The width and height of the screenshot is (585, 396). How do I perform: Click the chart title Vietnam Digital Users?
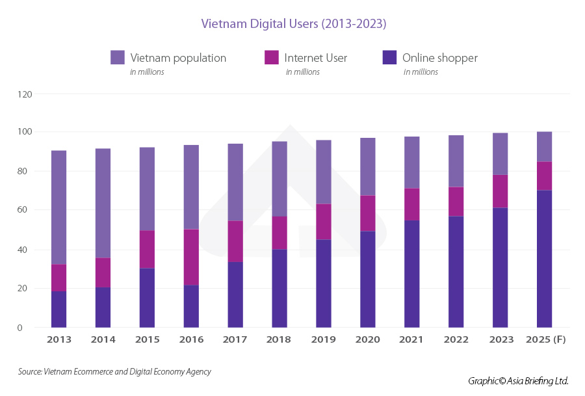294,24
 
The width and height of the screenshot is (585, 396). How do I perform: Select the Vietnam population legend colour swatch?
118,57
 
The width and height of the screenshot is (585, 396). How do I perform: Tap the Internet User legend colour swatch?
272,57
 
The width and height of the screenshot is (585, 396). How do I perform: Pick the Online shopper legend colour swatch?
389,57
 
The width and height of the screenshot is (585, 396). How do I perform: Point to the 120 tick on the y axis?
24,94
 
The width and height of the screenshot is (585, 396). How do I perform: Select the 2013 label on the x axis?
59,339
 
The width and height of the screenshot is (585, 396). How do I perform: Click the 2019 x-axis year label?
324,339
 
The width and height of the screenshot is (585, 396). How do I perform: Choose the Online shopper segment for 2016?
191,306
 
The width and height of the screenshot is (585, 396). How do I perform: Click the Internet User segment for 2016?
191,257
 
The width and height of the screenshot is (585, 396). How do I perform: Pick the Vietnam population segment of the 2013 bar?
59,207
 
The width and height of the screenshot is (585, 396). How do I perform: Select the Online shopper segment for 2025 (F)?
544,258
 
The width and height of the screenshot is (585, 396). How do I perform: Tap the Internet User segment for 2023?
500,191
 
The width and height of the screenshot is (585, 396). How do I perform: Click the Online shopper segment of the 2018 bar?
279,288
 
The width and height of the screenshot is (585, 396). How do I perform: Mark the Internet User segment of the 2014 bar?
103,272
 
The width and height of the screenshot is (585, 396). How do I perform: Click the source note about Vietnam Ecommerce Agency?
114,372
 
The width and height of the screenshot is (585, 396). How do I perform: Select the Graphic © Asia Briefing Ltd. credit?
518,380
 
